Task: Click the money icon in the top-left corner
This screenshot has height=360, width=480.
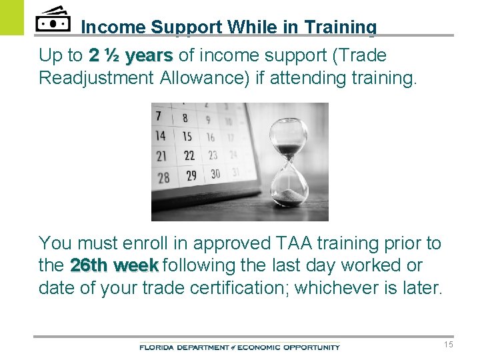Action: (x=53, y=20)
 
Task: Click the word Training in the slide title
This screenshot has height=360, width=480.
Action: (x=340, y=27)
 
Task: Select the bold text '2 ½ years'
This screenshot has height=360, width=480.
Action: (x=131, y=55)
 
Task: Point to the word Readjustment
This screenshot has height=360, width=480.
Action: (x=97, y=78)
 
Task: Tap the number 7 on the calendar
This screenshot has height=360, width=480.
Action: (x=158, y=116)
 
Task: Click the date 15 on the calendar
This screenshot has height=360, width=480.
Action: (x=187, y=136)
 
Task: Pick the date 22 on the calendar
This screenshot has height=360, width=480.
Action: (x=189, y=155)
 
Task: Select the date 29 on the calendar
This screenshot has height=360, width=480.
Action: (x=191, y=175)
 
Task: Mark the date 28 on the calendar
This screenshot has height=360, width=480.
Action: (x=163, y=178)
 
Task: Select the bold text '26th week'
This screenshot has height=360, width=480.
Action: (x=114, y=265)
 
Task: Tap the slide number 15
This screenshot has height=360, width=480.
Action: (x=448, y=345)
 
